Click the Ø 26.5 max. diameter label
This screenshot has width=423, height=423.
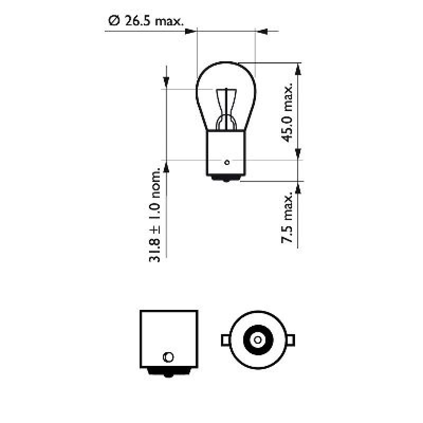point(145,21)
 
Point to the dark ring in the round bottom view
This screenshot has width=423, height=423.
point(258,328)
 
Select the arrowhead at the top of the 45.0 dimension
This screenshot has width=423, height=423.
point(299,69)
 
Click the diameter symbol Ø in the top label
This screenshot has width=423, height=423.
point(112,21)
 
